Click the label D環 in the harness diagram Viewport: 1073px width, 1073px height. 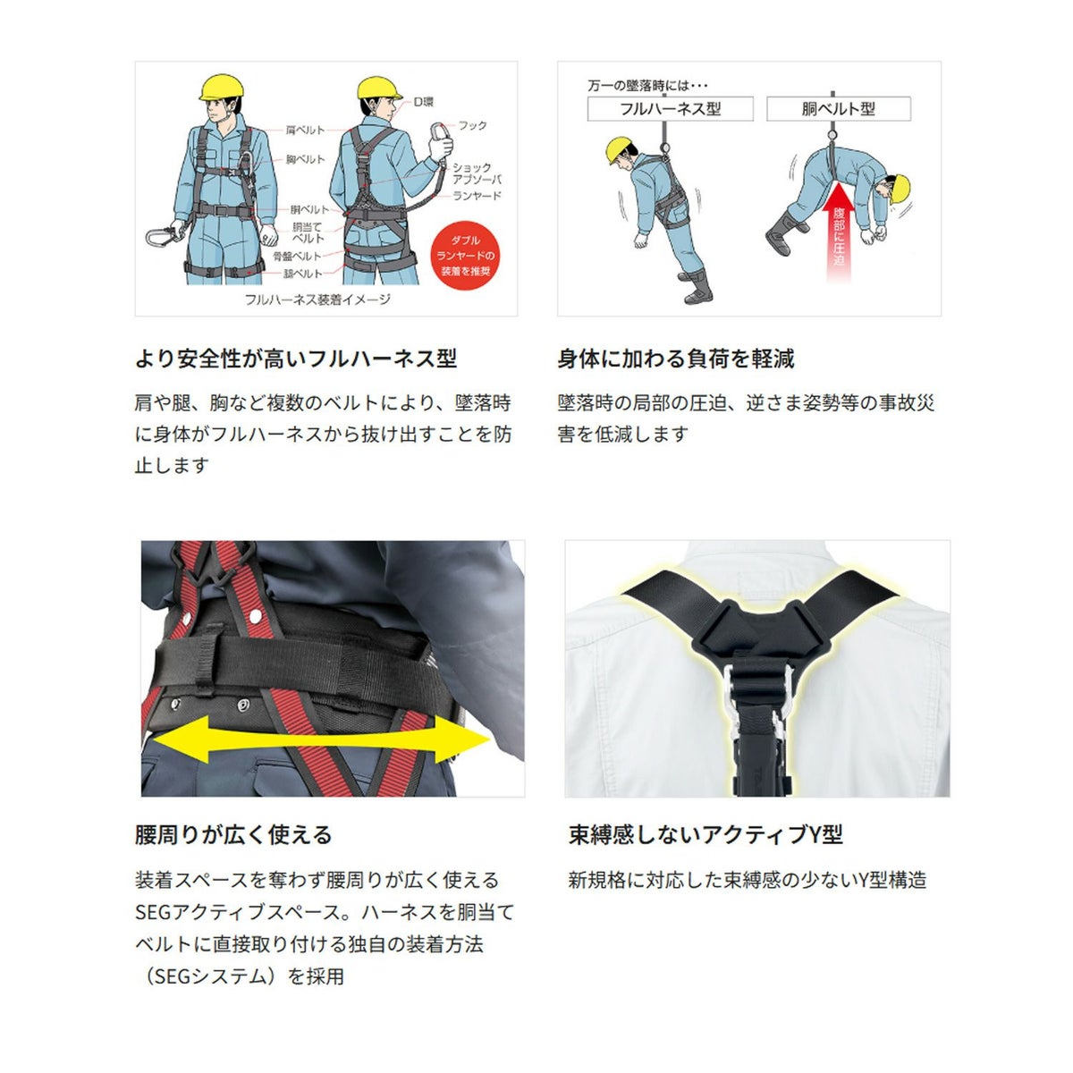(423, 102)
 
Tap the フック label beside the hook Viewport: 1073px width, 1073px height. (472, 125)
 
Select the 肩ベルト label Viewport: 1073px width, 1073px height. (305, 130)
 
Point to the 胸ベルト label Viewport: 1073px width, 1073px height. (305, 159)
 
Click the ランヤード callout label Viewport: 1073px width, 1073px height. (477, 196)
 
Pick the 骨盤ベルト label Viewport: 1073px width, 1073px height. (297, 256)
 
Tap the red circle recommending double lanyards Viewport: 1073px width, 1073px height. (465, 256)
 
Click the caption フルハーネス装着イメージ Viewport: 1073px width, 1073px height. (317, 300)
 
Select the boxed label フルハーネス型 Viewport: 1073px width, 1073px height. (670, 108)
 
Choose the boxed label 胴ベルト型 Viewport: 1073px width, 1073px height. (838, 108)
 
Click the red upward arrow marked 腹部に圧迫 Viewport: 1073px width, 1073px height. (839, 232)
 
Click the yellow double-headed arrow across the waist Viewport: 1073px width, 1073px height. (321, 739)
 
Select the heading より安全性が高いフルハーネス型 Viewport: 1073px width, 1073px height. (296, 358)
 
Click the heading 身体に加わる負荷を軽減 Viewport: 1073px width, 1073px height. (676, 358)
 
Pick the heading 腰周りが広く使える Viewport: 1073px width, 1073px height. (233, 834)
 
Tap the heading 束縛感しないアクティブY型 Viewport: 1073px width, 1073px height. (705, 834)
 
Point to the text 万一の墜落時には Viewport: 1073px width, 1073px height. (647, 85)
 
